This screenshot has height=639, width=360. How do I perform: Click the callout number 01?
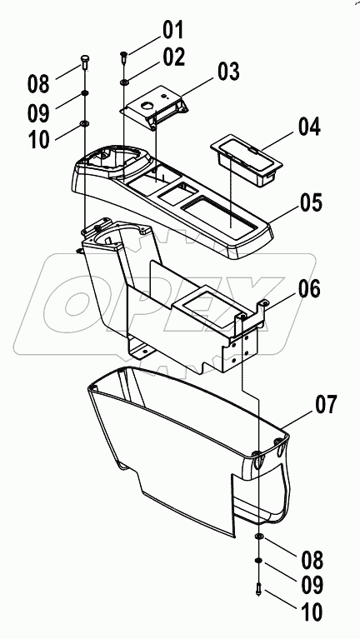(x=173, y=32)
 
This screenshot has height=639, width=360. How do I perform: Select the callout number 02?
(x=174, y=57)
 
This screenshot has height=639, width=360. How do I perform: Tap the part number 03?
(x=228, y=72)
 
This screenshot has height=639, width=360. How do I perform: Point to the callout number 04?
(x=309, y=127)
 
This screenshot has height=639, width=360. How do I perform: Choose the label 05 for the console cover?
(x=311, y=202)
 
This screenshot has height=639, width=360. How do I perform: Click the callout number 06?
(x=309, y=289)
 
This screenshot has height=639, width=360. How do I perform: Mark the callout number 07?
(x=326, y=405)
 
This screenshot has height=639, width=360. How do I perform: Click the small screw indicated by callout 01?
(x=123, y=57)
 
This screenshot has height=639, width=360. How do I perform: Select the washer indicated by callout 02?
(x=123, y=82)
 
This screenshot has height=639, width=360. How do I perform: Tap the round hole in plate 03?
(x=147, y=106)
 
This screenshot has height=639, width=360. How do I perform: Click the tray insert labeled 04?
(x=247, y=159)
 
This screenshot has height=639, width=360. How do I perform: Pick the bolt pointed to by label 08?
(x=85, y=62)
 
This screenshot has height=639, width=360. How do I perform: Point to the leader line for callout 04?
(x=278, y=142)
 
